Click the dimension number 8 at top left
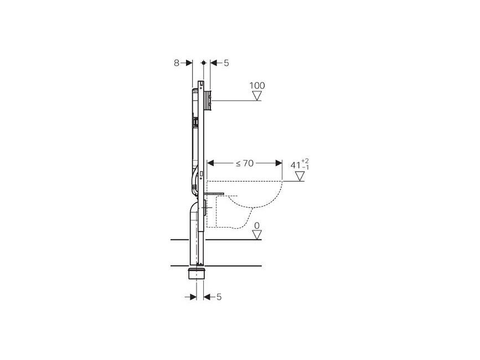(177, 63)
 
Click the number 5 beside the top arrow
(226, 63)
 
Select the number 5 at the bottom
(219, 297)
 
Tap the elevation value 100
(257, 85)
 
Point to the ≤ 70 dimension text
(245, 163)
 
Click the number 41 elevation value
(296, 165)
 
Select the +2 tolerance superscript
(305, 161)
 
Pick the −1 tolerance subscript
(305, 167)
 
